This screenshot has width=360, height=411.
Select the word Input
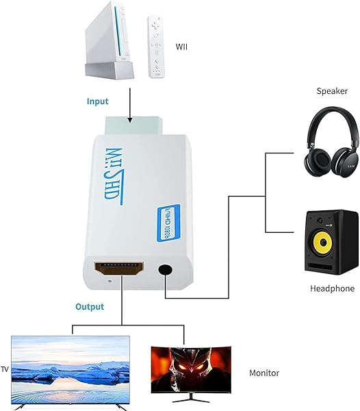point(97,101)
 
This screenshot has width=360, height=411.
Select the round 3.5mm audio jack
point(165,270)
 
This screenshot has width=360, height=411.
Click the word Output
point(89,306)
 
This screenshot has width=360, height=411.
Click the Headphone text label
point(331,288)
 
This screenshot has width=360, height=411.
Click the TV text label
point(5,366)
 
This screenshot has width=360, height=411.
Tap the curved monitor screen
point(191,369)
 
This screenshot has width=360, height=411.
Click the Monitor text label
point(264,373)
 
